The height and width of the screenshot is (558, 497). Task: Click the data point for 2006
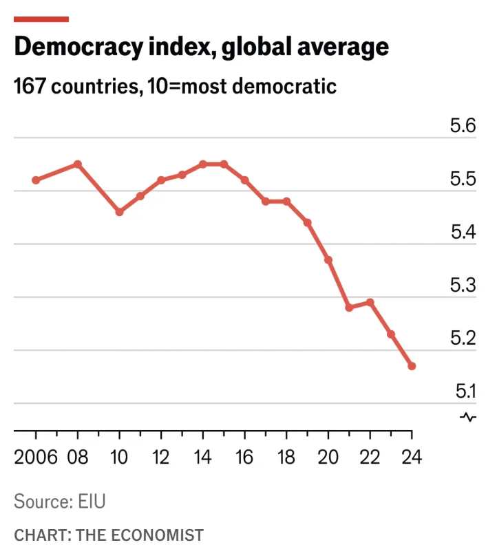(36, 180)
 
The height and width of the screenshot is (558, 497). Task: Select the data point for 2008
(78, 164)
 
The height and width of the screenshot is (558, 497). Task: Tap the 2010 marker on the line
(119, 212)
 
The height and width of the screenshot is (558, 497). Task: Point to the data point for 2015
(224, 164)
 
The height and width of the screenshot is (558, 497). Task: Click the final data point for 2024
(412, 366)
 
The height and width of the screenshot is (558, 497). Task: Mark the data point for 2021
(349, 308)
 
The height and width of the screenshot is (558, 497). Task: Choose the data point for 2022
(370, 302)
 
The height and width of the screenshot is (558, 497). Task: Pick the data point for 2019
(307, 222)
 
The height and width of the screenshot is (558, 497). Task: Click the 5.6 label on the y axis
(463, 126)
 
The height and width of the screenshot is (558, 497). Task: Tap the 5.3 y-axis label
(463, 286)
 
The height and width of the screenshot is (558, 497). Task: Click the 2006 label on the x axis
(35, 457)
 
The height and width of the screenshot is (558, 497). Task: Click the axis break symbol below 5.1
(468, 417)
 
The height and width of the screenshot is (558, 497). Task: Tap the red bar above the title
(41, 19)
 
